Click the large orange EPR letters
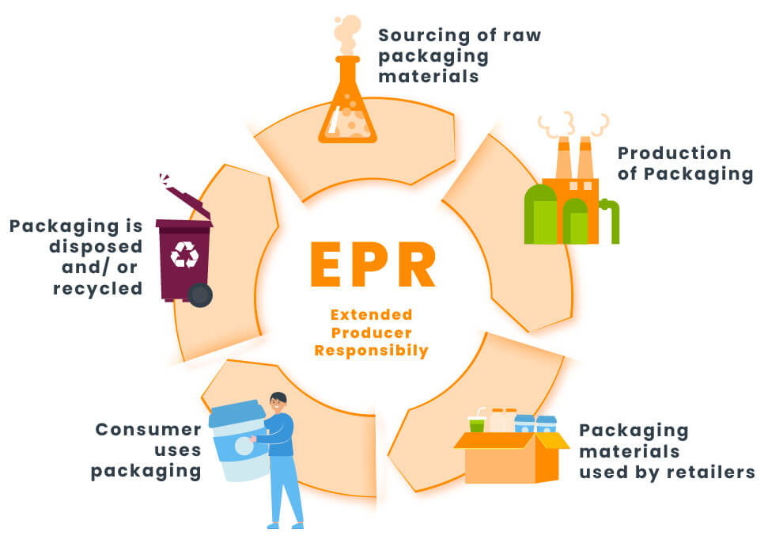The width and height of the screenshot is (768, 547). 371,265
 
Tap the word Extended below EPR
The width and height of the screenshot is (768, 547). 371,315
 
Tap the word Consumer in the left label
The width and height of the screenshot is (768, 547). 148,430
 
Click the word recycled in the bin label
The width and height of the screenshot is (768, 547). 98,288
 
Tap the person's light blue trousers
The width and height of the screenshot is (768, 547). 284,491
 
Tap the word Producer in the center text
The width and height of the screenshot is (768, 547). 371,332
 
